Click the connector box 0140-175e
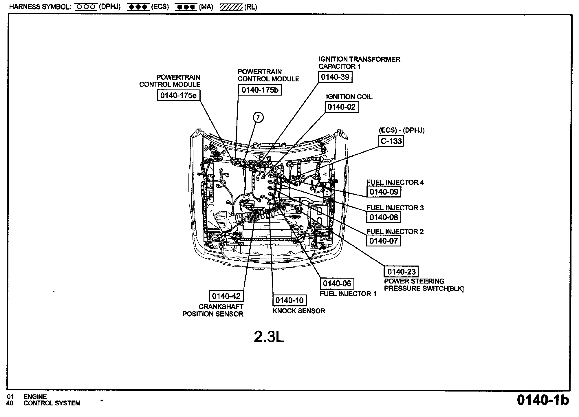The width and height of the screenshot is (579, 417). coord(178,95)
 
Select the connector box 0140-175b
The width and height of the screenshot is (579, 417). coord(260,90)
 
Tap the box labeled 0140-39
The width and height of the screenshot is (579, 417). coord(335,77)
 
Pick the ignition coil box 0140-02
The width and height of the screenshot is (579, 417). coord(342,107)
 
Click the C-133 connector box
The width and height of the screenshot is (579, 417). coord(391,141)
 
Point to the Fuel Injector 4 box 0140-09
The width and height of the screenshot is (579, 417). coord(384,192)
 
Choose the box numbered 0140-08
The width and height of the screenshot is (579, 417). coord(384,217)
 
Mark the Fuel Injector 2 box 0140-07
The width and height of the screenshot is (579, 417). coord(384,241)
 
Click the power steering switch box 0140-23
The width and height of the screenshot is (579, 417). coord(401,271)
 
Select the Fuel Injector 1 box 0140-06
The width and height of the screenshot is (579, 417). coord(337,284)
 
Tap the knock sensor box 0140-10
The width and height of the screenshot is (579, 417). coord(289,300)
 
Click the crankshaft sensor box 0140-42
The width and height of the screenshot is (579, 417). coord(226,296)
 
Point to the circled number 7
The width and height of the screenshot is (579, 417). coord(258,117)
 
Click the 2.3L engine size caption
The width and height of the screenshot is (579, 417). coord(269,337)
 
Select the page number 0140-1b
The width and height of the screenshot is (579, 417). coord(543,400)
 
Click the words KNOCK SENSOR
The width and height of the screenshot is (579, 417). coord(299,311)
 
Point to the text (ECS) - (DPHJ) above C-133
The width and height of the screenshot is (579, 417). coord(402,130)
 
